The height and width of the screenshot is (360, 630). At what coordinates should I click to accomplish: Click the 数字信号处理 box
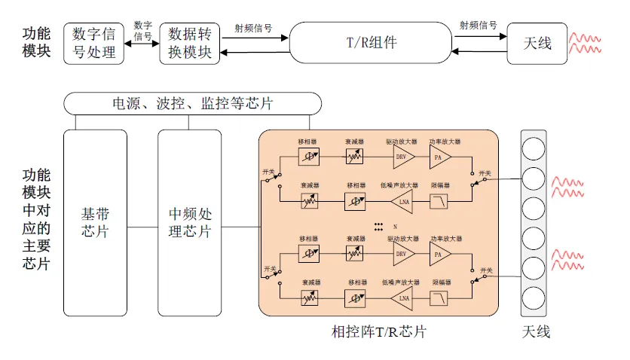tap(95, 43)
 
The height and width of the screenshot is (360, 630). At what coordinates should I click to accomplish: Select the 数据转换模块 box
tap(194, 43)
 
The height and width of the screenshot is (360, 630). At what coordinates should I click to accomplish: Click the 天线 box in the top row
tap(537, 43)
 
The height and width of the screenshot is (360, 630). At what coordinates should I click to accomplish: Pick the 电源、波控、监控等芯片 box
tap(192, 103)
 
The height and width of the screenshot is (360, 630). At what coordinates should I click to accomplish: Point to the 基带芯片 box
tap(96, 222)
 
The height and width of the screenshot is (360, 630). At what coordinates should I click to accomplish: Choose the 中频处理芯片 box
tap(190, 222)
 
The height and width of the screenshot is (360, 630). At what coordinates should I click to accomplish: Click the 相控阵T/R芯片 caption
tap(379, 331)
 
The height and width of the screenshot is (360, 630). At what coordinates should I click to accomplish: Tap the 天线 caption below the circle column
tap(535, 331)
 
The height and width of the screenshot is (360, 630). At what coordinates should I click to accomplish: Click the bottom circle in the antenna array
tap(534, 296)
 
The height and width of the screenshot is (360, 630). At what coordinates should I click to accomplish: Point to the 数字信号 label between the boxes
tap(142, 30)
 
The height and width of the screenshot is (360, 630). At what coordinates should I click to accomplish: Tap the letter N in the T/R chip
tap(394, 226)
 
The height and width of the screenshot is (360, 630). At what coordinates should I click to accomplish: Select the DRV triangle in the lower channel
tap(403, 254)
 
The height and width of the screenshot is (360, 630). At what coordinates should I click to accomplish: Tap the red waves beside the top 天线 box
tap(586, 43)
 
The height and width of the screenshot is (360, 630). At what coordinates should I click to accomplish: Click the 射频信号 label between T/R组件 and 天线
tap(479, 25)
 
